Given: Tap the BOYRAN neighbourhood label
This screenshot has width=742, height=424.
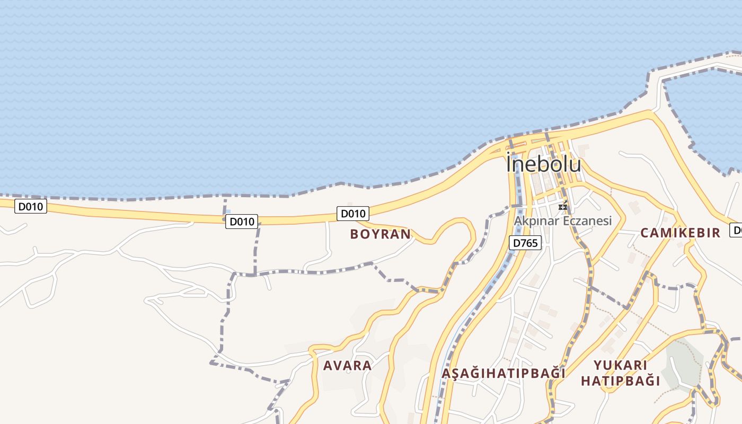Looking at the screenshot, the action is (380, 234).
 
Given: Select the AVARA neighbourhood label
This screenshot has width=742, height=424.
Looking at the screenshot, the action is (347, 365).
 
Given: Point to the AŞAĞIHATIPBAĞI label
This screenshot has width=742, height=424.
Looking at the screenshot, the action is (503, 373).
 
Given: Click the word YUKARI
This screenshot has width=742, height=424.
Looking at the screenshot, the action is (620, 365).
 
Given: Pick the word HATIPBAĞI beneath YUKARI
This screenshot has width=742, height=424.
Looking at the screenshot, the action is (620, 381).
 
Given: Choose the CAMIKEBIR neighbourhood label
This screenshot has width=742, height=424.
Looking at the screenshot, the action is (680, 233).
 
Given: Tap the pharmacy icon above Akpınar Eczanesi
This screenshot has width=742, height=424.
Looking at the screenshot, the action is (563, 206).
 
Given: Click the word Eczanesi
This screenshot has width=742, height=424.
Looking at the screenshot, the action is (586, 221).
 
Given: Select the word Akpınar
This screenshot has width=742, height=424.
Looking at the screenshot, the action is (536, 221).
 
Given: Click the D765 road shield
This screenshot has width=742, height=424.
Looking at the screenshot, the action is (525, 243).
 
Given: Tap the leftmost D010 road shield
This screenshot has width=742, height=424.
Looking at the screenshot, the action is (31, 207).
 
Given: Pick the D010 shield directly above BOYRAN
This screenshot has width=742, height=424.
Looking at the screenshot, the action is (353, 214).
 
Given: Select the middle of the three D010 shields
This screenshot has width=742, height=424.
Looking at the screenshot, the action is (242, 222).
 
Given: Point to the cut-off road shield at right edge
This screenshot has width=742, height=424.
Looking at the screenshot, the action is (736, 230).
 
